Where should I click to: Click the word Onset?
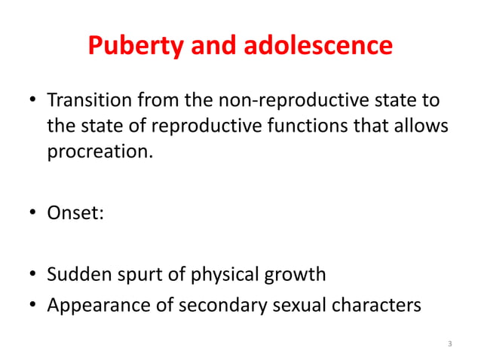click(x=74, y=213)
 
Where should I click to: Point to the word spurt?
click(x=142, y=276)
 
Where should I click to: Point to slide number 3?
click(x=449, y=344)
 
